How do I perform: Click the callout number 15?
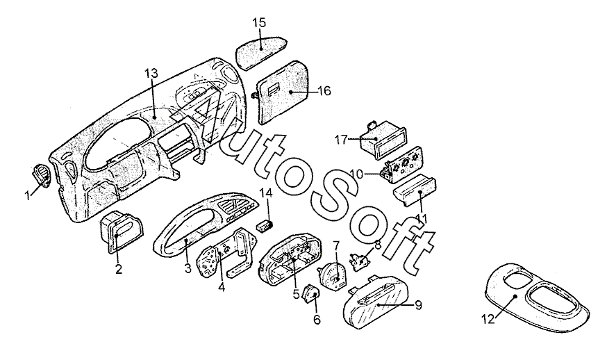[x=259, y=22]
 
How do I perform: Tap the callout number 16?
[x=324, y=91]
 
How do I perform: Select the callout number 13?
[x=151, y=73]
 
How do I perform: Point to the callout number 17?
[x=341, y=140]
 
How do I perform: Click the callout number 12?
[x=488, y=319]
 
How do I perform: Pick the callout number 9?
[x=418, y=305]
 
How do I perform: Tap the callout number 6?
[x=317, y=320]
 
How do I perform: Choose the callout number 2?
[x=119, y=268]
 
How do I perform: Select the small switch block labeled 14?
[x=265, y=226]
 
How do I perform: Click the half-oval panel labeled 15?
[x=262, y=50]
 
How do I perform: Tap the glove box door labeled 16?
[x=284, y=92]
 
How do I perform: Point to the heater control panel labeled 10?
[x=403, y=163]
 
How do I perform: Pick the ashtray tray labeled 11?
[x=415, y=191]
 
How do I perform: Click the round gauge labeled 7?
[x=333, y=275]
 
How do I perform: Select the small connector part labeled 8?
[x=360, y=261]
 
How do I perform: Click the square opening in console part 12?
[x=517, y=279]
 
